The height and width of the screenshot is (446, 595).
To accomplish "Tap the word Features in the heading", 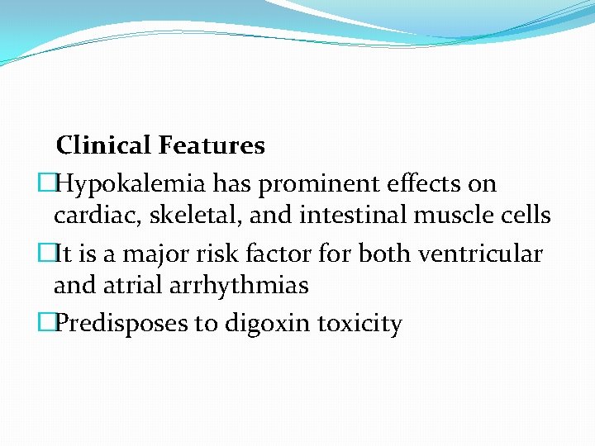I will [212, 146].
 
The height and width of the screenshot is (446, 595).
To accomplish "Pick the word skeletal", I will [175, 216].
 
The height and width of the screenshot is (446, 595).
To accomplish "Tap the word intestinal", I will [337, 216].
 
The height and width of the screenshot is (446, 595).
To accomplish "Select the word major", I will [147, 254].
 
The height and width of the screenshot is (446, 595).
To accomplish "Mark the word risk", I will [212, 254].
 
